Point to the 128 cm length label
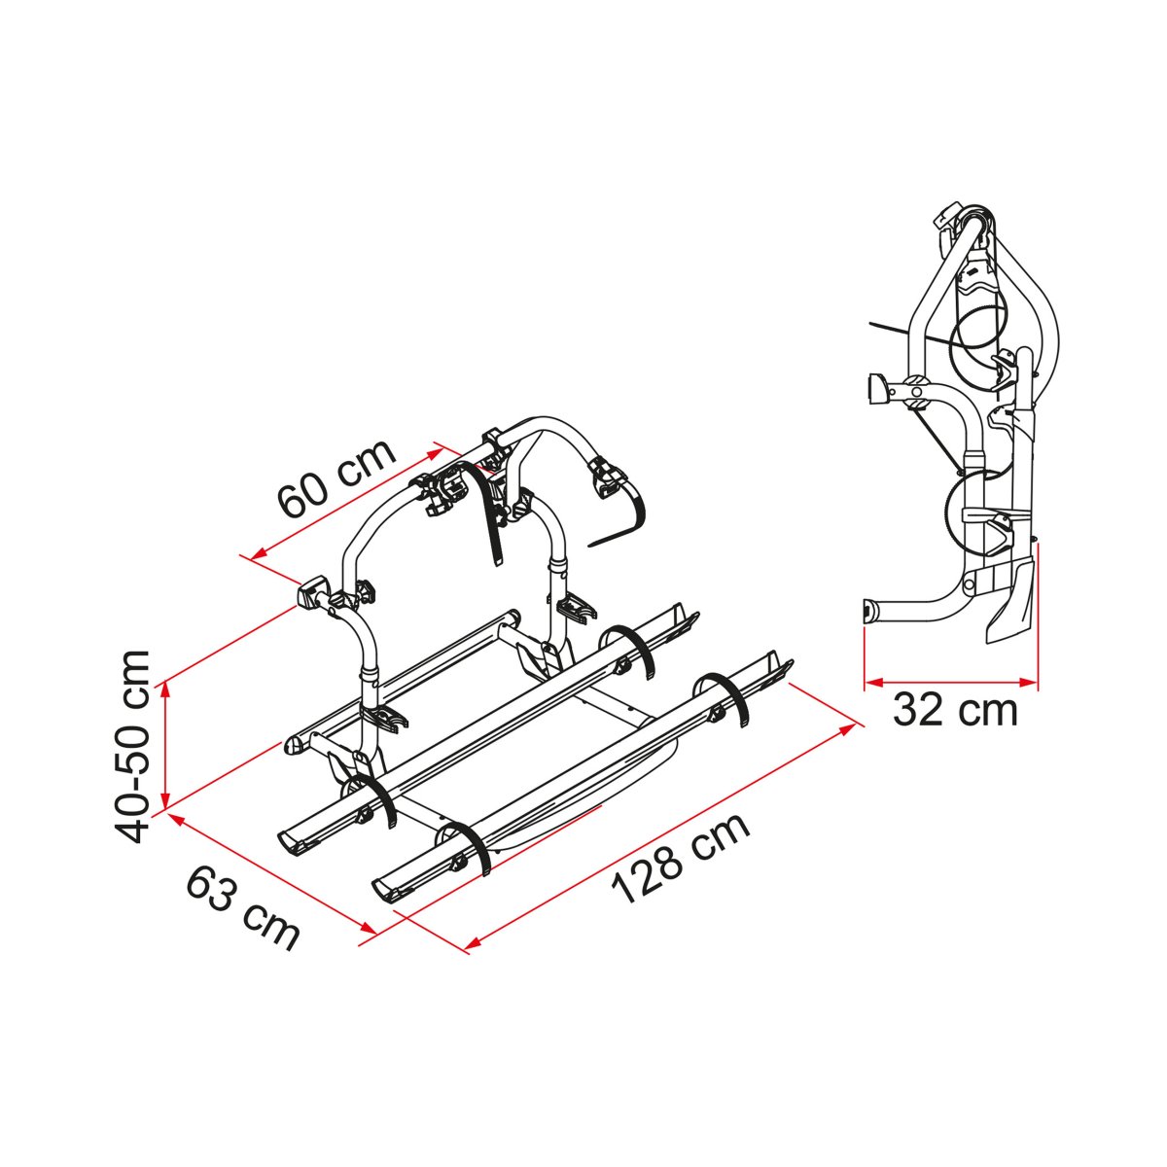pos(681,858)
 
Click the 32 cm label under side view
pos(955,711)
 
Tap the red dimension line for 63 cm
pos(272,875)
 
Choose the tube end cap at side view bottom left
pos(868,612)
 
